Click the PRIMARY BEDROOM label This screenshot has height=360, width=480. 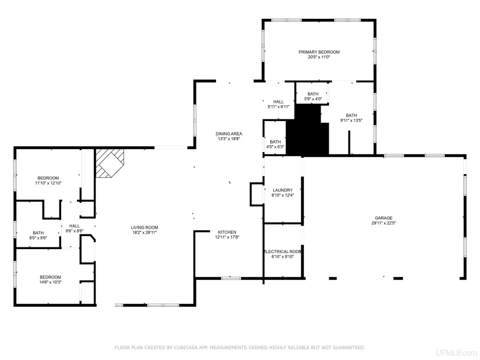coord(318,52)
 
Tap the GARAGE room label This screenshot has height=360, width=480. coord(383,218)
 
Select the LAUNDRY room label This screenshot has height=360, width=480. coord(282,190)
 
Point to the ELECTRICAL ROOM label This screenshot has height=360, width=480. coord(282,251)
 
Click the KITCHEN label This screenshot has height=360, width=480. coord(227,232)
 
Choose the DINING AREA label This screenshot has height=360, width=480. coord(229,133)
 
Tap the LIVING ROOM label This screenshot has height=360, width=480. coord(144,227)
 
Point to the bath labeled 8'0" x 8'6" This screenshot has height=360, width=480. coord(38,233)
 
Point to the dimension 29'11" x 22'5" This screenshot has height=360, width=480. coord(383,223)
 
